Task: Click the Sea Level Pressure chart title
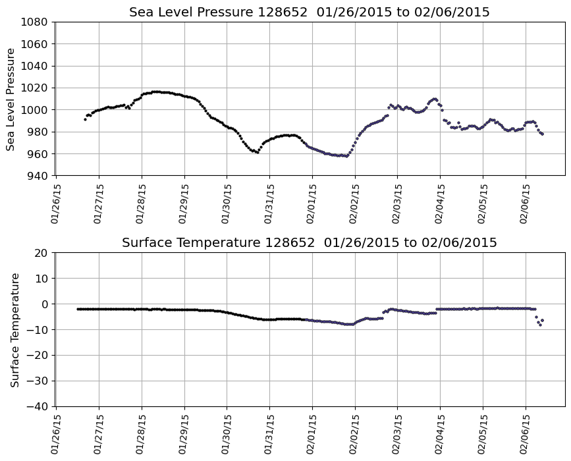309,13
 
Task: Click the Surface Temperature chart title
309,243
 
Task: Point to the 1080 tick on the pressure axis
34,22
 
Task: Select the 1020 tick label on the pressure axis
34,88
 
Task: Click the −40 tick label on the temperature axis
37,406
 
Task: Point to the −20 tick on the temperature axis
37,356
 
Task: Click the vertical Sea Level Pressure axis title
11,99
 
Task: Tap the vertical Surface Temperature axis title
14,329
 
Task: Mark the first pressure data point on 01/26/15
85,119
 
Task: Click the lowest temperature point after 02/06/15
540,325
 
